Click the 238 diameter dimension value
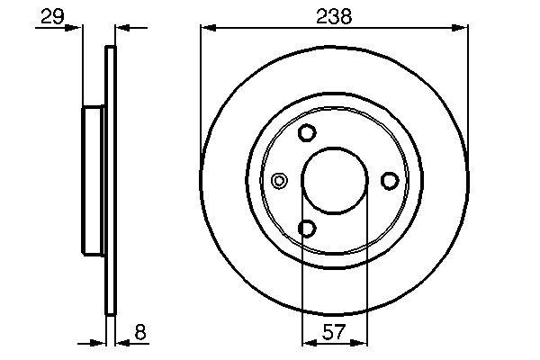tap(334, 15)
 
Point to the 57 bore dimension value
tap(334, 331)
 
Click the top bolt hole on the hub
tap(307, 133)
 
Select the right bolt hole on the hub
tap(390, 181)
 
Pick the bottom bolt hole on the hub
tap(307, 229)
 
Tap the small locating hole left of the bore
tap(279, 181)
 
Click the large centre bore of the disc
tap(334, 181)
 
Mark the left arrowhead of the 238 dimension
tap(206, 29)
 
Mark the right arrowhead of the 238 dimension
tap(462, 29)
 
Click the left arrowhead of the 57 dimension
tap(308, 342)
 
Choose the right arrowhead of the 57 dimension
tap(360, 342)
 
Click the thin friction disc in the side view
tap(112, 181)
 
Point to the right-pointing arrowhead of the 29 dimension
tap(77, 29)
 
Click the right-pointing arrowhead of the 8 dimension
tap(101, 342)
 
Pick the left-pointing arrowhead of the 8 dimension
tap(122, 342)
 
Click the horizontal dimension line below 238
tap(270, 29)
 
